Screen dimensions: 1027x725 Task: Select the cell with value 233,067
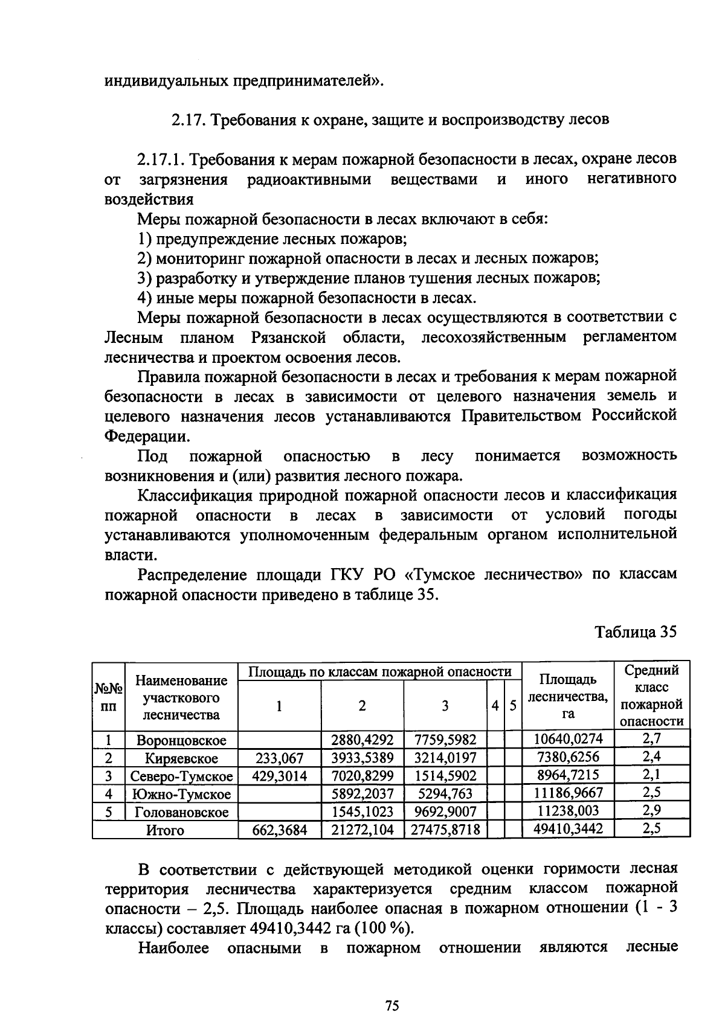coord(279,757)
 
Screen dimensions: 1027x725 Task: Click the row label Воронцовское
coord(181,740)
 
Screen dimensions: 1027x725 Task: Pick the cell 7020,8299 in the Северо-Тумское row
coord(362,775)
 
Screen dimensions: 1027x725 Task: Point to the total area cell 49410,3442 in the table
coord(567,830)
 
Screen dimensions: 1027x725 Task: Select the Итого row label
coord(165,830)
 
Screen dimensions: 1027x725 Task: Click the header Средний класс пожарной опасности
coord(651,696)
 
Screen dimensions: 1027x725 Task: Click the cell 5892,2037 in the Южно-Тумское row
coord(362,793)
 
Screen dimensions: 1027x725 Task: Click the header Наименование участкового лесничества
coord(181,698)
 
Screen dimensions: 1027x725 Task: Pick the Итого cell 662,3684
coord(279,830)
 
